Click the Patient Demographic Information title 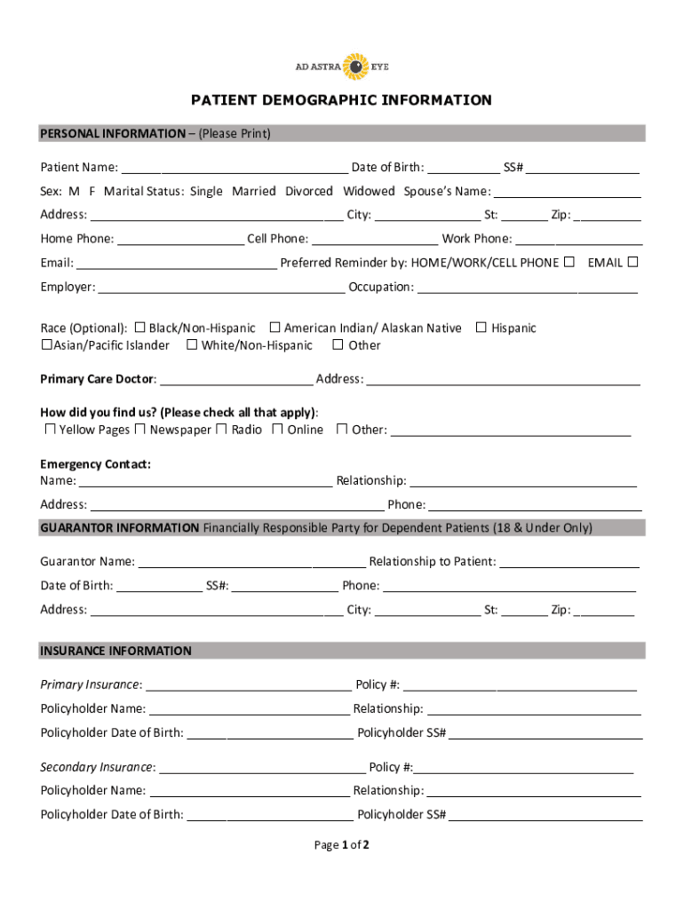click(x=341, y=100)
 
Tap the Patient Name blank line click(x=235, y=169)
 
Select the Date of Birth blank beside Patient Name click(x=463, y=169)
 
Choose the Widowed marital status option click(x=369, y=192)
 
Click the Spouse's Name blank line click(x=568, y=193)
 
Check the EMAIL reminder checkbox click(x=633, y=262)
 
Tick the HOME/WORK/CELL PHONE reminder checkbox click(x=569, y=262)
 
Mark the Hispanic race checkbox click(x=481, y=328)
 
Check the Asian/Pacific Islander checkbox click(x=46, y=345)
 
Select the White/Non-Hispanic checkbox click(x=192, y=345)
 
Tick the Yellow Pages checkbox click(x=51, y=430)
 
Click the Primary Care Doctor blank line click(x=235, y=380)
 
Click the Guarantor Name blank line click(x=251, y=562)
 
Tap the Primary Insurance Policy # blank click(x=520, y=685)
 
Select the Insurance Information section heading click(x=115, y=651)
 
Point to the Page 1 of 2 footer click(x=341, y=845)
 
